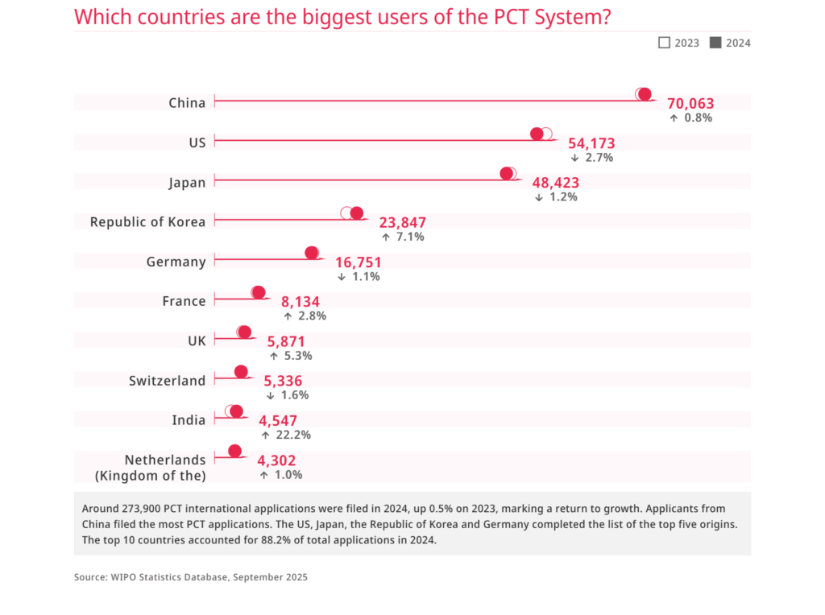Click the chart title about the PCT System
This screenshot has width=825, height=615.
tap(342, 16)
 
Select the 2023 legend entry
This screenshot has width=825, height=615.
tap(679, 43)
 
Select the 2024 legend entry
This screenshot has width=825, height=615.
tap(730, 43)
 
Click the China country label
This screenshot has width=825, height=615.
tap(187, 102)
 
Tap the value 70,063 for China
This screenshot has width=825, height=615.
tap(690, 103)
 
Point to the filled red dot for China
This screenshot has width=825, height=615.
tap(645, 94)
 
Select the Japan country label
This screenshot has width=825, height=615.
tap(187, 182)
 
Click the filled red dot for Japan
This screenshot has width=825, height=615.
tap(506, 173)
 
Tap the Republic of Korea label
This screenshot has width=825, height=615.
tap(147, 221)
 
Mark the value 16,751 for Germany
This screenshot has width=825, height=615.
tap(359, 262)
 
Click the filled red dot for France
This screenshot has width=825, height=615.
tap(258, 292)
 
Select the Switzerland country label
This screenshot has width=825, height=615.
tap(167, 380)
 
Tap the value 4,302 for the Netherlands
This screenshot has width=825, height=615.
tap(276, 460)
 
